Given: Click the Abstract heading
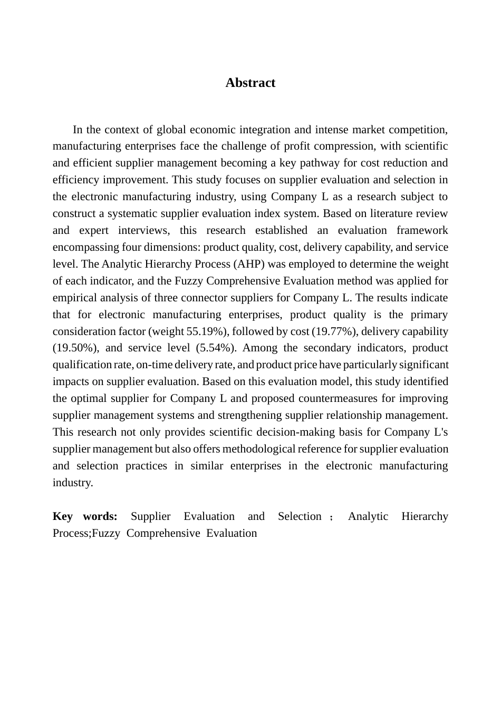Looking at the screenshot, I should (250, 83).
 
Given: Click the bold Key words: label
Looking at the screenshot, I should (85, 516).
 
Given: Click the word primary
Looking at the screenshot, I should (429, 314).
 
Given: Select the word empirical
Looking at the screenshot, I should (74, 298).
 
